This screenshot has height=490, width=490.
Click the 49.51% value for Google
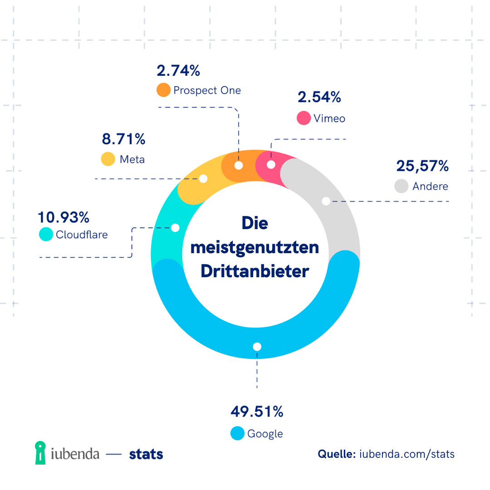click(257, 412)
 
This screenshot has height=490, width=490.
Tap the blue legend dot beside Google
click(238, 433)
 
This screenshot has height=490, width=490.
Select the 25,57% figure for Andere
click(422, 166)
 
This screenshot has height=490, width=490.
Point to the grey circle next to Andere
click(402, 186)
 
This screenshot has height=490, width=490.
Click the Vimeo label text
click(329, 118)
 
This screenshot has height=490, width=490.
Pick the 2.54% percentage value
click(319, 97)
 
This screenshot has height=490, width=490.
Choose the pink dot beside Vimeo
click(304, 118)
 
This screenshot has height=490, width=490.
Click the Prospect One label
click(207, 90)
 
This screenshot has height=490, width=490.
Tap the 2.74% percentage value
click(178, 71)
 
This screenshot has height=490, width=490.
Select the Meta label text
click(132, 159)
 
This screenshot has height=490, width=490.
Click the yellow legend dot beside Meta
click(108, 159)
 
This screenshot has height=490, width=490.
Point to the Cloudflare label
click(82, 235)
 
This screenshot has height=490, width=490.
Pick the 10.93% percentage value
click(64, 218)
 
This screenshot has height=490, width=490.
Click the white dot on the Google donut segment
click(257, 347)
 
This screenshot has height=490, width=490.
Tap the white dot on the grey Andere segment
click(326, 201)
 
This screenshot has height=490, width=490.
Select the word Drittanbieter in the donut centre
click(255, 271)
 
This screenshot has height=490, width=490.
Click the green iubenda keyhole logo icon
click(41, 453)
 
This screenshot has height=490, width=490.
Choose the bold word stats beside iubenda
click(146, 454)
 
